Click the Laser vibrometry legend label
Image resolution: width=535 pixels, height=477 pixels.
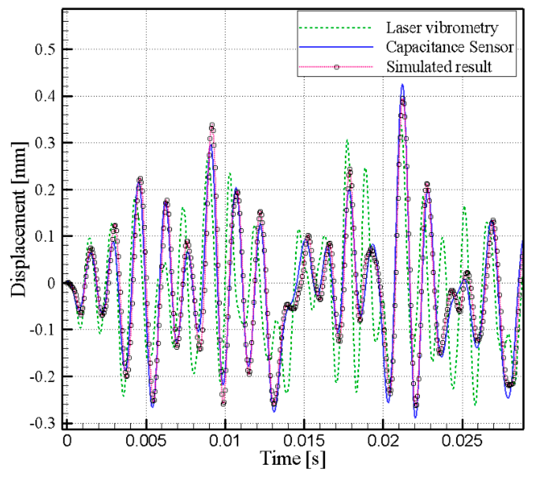coord(442,28)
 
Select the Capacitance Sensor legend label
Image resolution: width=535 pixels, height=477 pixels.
coord(450,47)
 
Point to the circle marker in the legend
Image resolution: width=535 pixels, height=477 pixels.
coord(336,67)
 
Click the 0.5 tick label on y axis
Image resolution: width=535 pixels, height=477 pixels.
coord(45,49)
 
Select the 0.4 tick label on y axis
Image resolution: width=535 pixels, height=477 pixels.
coord(45,96)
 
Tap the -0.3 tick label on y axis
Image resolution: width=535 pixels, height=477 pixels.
coord(42,424)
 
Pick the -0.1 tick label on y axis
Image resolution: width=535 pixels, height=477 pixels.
coord(42,330)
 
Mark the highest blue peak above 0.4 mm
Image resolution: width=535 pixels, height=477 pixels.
coord(402,85)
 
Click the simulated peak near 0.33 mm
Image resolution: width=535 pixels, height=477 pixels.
coord(212,125)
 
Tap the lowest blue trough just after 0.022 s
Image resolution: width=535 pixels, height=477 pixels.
coord(415,417)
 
